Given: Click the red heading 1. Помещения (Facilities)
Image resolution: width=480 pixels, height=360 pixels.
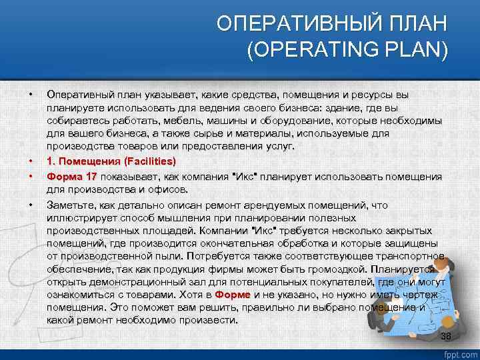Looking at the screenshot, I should (111, 161).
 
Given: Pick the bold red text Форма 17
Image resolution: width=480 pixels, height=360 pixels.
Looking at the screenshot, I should (72, 177).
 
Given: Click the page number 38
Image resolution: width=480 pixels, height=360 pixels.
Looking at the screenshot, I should (446, 336).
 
